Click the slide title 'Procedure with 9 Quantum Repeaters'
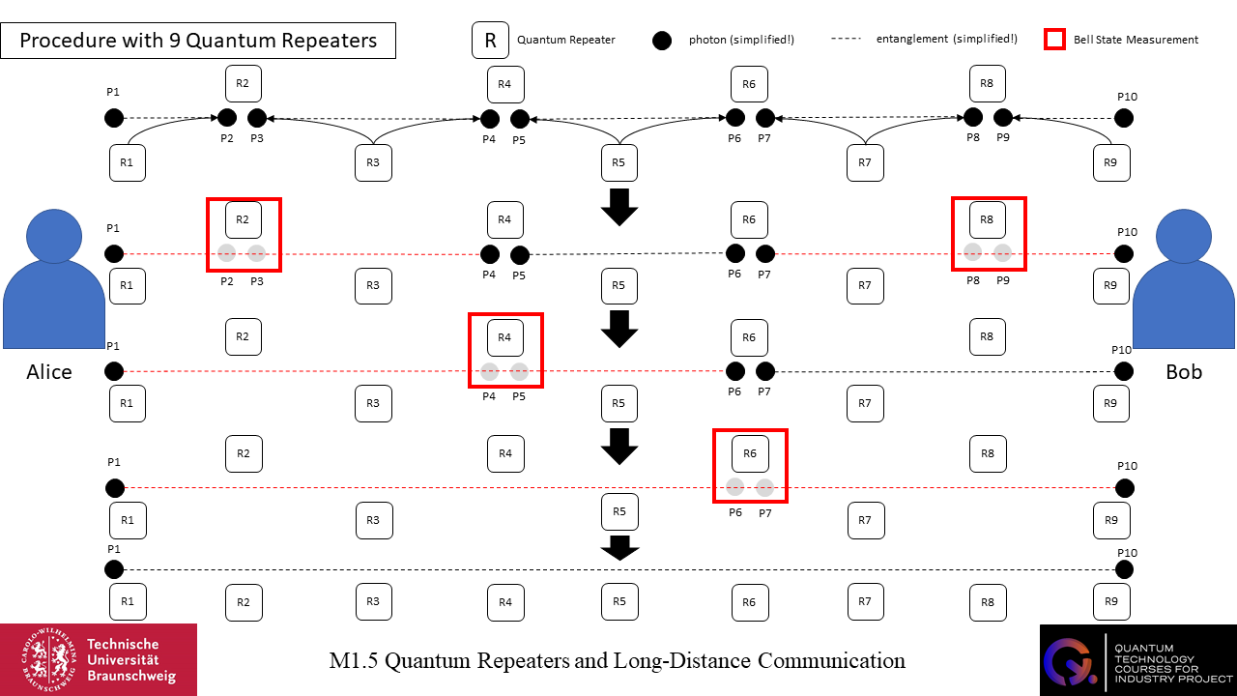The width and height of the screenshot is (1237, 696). click(x=198, y=42)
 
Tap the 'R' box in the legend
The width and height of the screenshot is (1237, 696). click(x=490, y=41)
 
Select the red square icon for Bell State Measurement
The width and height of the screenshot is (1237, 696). click(x=1055, y=40)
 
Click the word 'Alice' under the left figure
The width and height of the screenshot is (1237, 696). click(x=49, y=372)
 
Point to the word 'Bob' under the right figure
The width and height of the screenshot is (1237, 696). click(x=1184, y=372)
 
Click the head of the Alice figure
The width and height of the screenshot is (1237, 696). click(x=54, y=238)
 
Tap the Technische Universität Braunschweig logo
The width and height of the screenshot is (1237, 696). click(x=99, y=659)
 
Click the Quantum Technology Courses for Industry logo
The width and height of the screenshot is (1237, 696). click(x=1137, y=659)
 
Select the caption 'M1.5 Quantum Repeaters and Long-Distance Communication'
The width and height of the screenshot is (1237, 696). click(x=617, y=661)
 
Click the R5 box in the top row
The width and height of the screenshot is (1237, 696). click(x=619, y=162)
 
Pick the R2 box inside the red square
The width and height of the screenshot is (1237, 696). click(x=244, y=219)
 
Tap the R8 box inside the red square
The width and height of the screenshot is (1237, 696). click(x=987, y=219)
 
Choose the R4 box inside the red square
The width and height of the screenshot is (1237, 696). click(x=504, y=336)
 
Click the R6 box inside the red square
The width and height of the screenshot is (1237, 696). click(x=749, y=452)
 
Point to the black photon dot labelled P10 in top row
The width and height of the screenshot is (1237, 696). click(x=1124, y=118)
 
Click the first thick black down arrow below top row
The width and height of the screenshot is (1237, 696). click(x=619, y=207)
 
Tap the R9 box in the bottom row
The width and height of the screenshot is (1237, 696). click(x=1110, y=601)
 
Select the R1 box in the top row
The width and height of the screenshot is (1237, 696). click(x=127, y=162)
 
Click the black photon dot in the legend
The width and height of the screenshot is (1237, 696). click(x=662, y=41)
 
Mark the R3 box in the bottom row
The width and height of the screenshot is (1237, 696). click(x=373, y=601)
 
